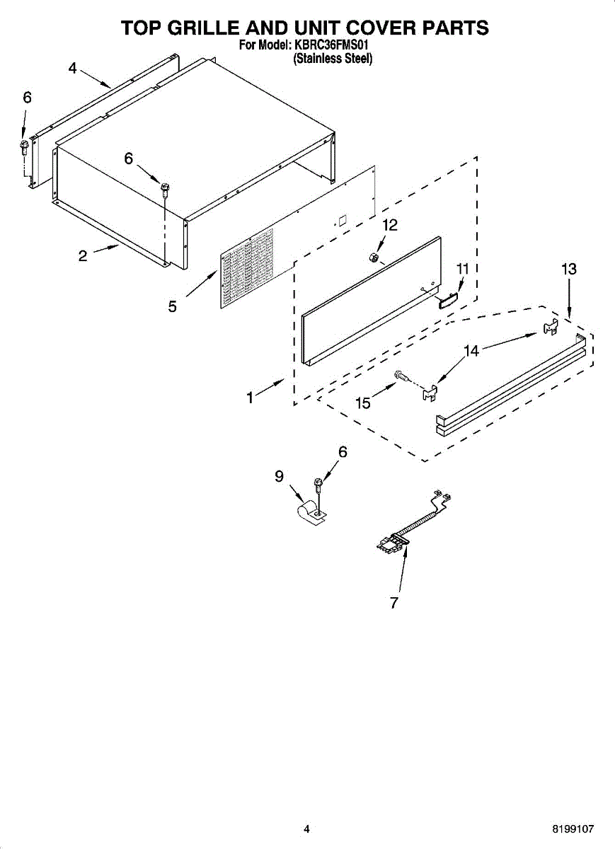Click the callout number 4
[72, 68]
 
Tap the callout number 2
[83, 256]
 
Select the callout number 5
[173, 306]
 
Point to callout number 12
[390, 225]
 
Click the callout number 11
[463, 269]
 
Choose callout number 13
[568, 269]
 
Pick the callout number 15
[362, 403]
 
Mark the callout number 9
[279, 476]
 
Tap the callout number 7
[394, 603]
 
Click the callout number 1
[250, 398]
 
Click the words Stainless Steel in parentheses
[333, 59]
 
